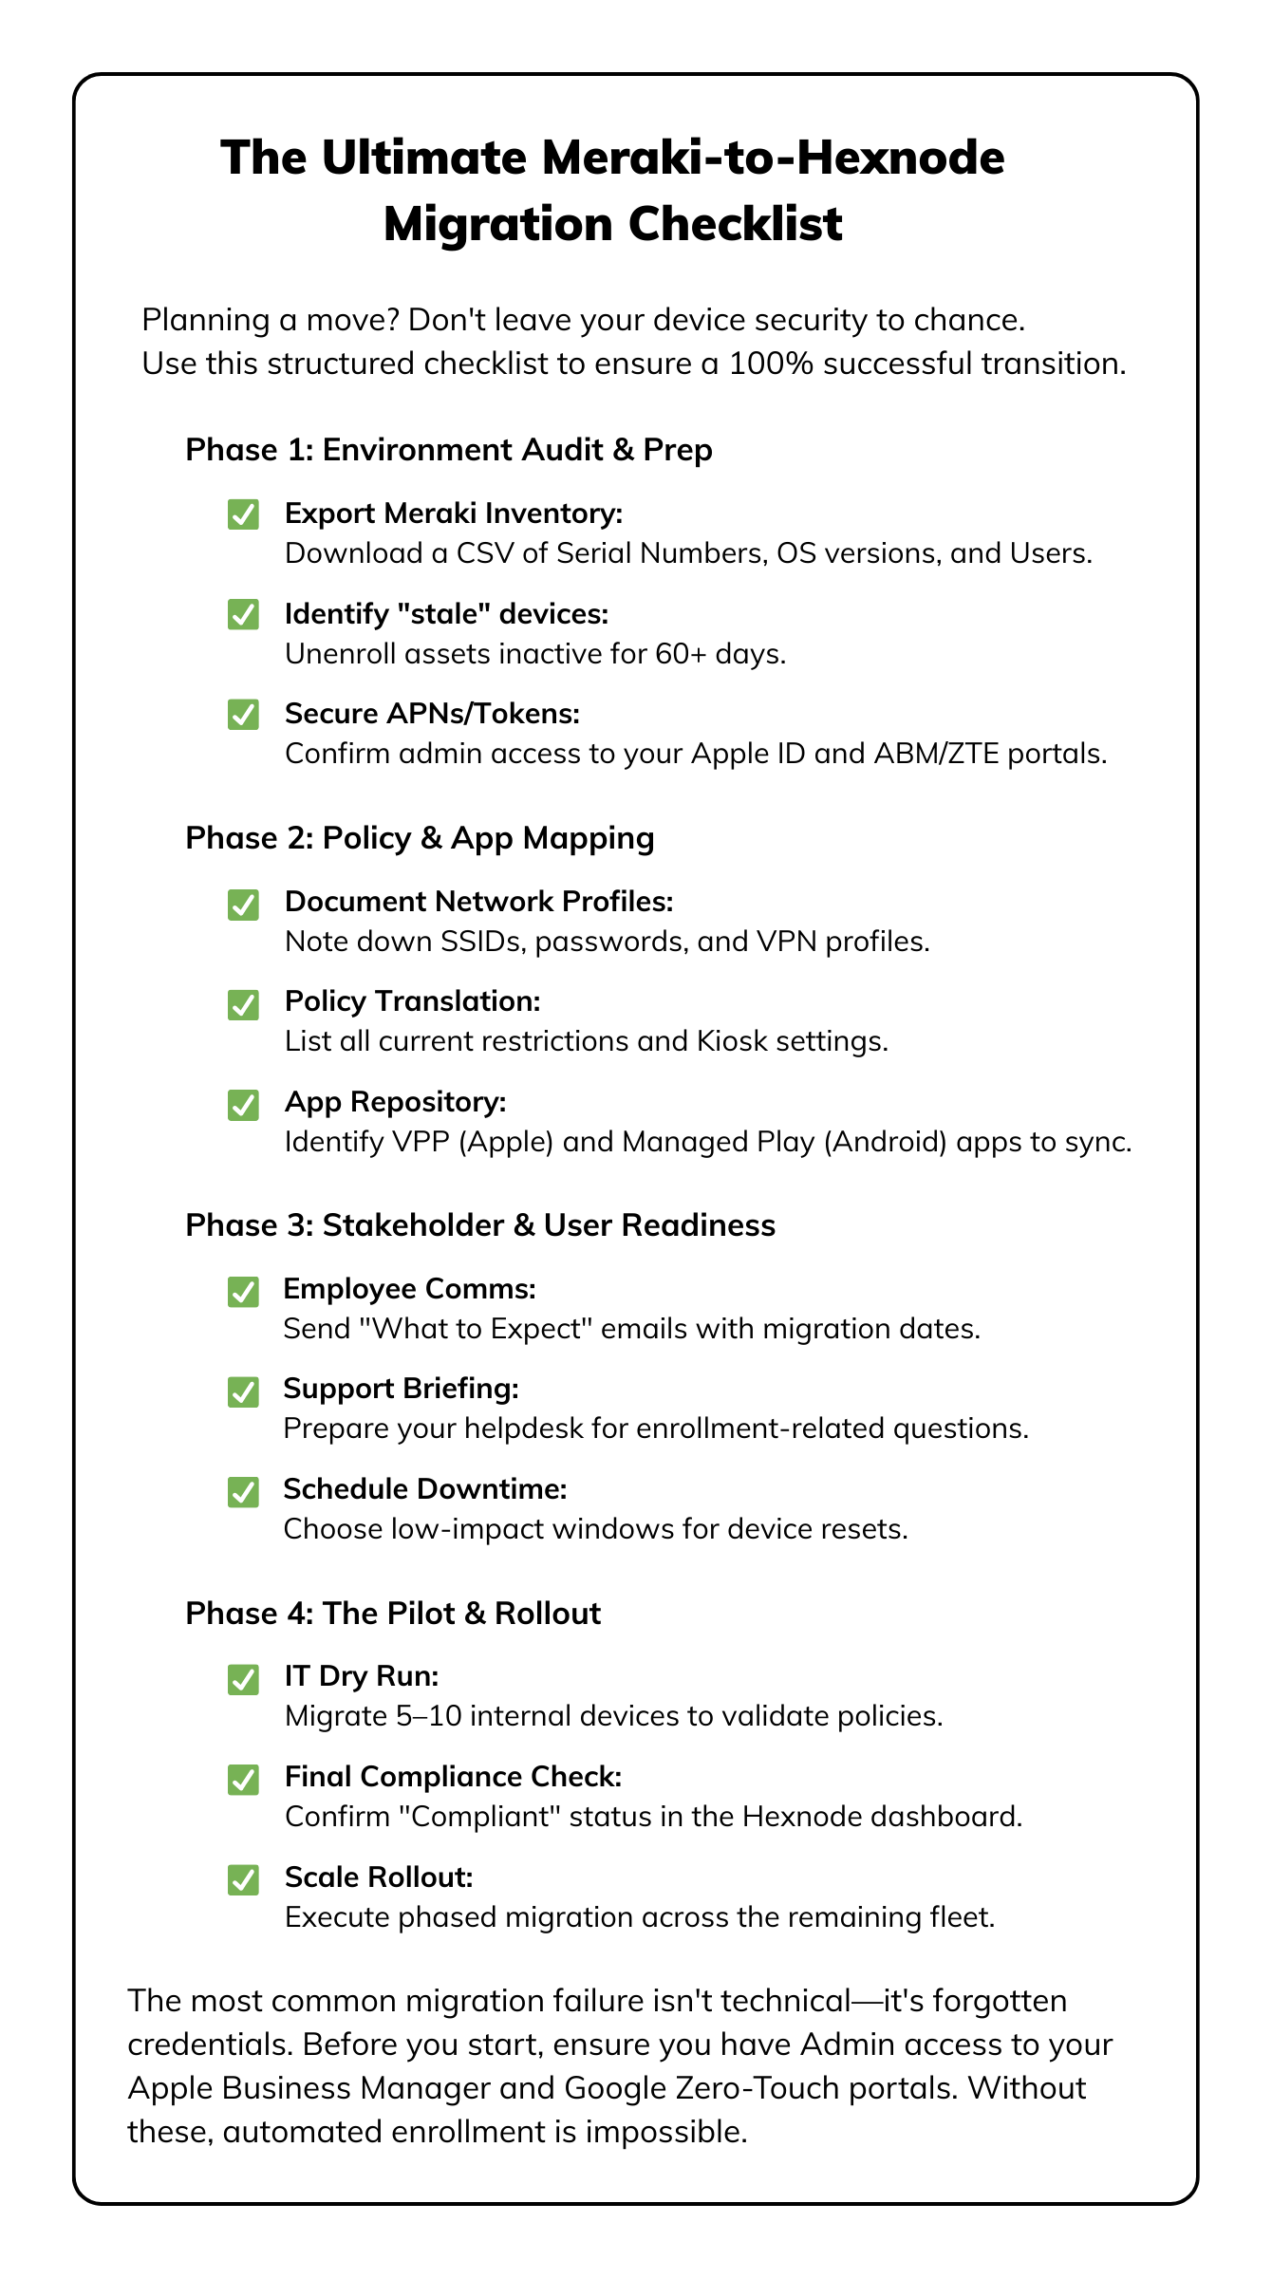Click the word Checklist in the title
(x=735, y=224)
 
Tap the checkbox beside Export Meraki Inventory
(x=244, y=514)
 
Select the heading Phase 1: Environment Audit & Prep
(x=448, y=449)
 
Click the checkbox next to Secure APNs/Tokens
(x=244, y=715)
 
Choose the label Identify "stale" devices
(x=446, y=614)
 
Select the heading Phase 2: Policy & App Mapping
(x=420, y=837)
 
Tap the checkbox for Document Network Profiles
(x=244, y=905)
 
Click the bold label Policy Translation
(x=412, y=1001)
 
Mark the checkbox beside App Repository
(x=244, y=1105)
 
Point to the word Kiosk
(x=732, y=1041)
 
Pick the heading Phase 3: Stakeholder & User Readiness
(x=480, y=1224)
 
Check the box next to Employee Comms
(x=244, y=1292)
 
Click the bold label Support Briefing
(x=401, y=1389)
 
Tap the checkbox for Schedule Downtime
(x=244, y=1492)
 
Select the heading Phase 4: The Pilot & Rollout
(x=393, y=1613)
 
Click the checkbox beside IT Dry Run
(x=244, y=1679)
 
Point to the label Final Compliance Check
(x=453, y=1777)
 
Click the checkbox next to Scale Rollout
(x=244, y=1879)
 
